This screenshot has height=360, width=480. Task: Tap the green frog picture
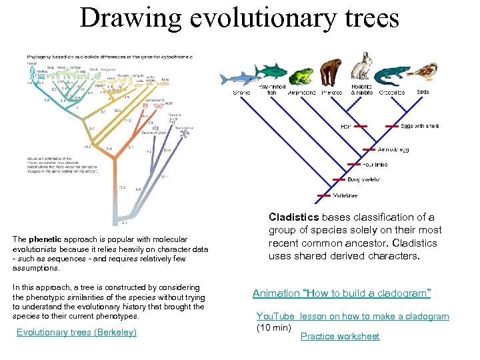301,76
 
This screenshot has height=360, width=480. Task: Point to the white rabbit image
362,69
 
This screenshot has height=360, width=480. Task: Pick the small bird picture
423,71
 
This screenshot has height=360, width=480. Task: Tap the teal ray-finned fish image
271,70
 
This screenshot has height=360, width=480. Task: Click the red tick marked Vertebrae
323,195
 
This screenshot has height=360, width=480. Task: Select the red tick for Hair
361,126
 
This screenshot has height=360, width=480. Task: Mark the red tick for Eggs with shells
393,126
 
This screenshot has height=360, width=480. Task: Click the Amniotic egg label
393,150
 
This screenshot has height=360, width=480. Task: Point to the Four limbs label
375,165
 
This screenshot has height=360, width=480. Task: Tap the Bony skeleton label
365,179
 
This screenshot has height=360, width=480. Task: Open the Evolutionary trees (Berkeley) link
76,332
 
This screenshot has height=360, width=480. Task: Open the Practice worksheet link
340,336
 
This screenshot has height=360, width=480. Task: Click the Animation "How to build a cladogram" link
342,293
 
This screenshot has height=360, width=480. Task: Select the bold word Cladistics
293,217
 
